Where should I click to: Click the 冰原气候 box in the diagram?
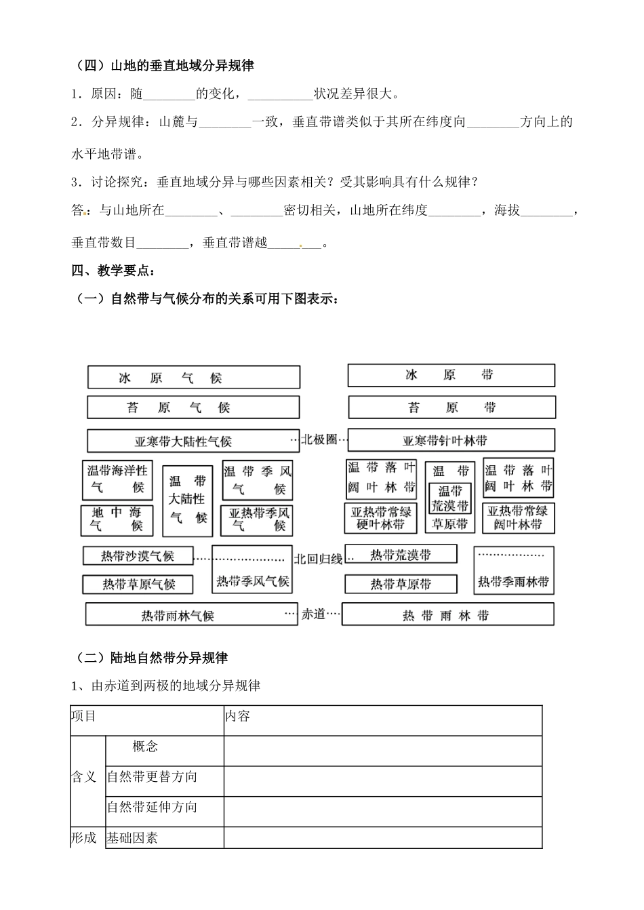pyautogui.click(x=193, y=378)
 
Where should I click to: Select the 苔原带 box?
pyautogui.click(x=451, y=408)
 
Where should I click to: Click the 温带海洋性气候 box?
pyautogui.click(x=117, y=479)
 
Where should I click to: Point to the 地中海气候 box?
pyautogui.click(x=117, y=519)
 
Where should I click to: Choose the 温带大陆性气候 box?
pyautogui.click(x=188, y=499)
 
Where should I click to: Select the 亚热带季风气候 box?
pyautogui.click(x=257, y=519)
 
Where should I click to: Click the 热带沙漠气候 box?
pyautogui.click(x=138, y=556)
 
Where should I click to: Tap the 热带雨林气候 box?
pyautogui.click(x=192, y=615)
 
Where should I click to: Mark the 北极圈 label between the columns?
pyautogui.click(x=319, y=439)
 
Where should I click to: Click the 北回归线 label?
pyautogui.click(x=318, y=559)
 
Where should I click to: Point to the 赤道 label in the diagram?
pyautogui.click(x=313, y=614)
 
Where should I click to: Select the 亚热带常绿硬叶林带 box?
pyautogui.click(x=380, y=518)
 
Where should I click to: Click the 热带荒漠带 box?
pyautogui.click(x=400, y=555)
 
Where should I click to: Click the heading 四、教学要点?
pyautogui.click(x=113, y=271)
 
